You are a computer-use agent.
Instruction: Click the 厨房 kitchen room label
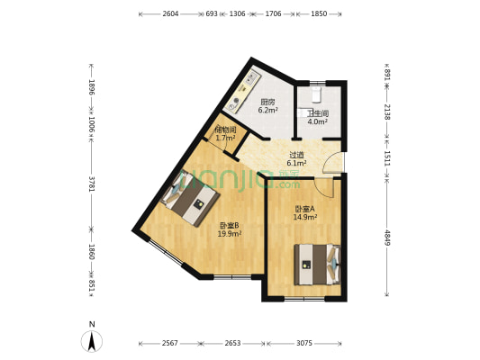[x=267, y=102]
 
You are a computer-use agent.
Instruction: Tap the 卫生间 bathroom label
[x=317, y=114]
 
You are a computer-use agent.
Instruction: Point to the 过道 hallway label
[x=296, y=154]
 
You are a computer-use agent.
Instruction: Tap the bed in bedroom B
[x=191, y=202]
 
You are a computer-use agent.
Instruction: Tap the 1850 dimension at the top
[x=320, y=14]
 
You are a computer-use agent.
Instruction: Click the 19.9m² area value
[x=229, y=234]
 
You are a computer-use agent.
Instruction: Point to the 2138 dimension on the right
[x=387, y=112]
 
